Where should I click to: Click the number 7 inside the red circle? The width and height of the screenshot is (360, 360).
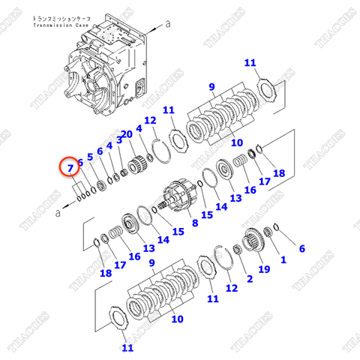point(70,168)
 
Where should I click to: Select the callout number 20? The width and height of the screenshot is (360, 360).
point(127,134)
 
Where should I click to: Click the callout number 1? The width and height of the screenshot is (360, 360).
point(283,260)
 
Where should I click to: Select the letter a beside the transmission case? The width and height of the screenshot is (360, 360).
point(168,23)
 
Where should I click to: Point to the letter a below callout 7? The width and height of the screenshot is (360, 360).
point(56,213)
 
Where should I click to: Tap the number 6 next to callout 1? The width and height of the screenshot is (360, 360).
point(301,248)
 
